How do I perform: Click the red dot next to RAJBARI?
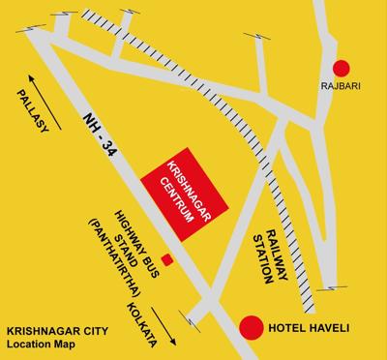tap(341, 68)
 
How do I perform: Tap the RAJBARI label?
tap(341, 85)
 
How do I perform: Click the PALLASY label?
tap(24, 109)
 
